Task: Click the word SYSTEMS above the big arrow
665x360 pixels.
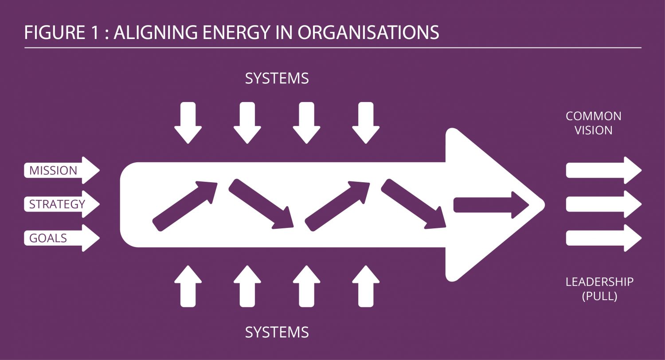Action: pos(277,78)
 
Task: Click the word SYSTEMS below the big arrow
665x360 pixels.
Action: pos(277,332)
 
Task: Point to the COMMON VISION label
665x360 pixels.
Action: pos(593,123)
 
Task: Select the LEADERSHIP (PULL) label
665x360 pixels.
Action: pos(599,289)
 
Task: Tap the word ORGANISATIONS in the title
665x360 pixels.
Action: pos(368,33)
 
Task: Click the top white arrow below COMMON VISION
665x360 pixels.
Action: pos(603,170)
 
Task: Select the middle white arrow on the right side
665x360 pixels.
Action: pos(603,204)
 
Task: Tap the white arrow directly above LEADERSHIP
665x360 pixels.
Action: pos(603,238)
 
